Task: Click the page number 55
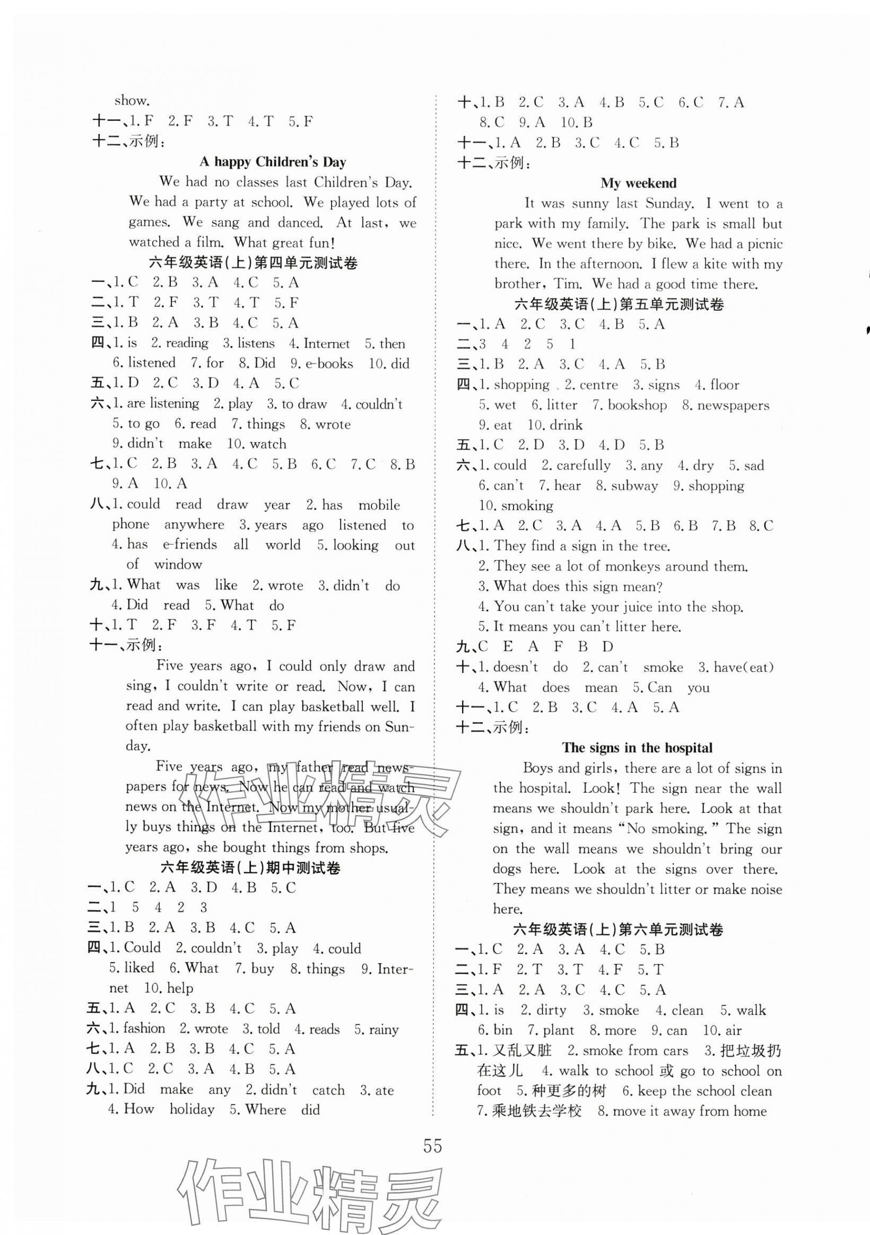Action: [x=432, y=1147]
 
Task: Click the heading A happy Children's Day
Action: [x=273, y=162]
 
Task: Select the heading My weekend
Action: [x=638, y=183]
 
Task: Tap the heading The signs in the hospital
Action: [x=637, y=748]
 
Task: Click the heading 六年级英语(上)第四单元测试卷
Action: [x=253, y=263]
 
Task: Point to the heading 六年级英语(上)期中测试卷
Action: [x=251, y=868]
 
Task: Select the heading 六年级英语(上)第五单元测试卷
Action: [x=619, y=304]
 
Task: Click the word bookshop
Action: [x=637, y=405]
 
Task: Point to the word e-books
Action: [x=329, y=364]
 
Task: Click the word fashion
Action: [x=144, y=1028]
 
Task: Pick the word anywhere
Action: [x=194, y=524]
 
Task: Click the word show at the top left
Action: [x=130, y=101]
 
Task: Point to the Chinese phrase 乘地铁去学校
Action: [x=537, y=1111]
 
